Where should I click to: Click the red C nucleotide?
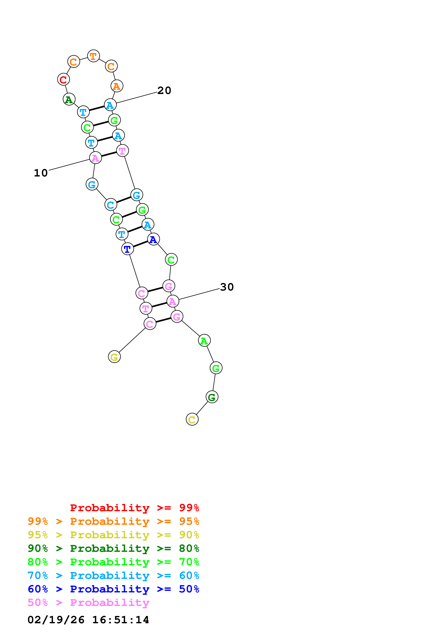coord(63,79)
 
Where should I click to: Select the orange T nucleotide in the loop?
coord(93,56)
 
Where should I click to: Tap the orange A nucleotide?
coord(117,86)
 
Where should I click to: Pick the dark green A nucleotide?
coord(69,99)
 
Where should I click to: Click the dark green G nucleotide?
coord(212,397)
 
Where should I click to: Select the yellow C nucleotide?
coord(192,419)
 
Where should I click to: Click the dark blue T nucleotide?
coord(127,249)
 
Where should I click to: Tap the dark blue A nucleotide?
coord(153,239)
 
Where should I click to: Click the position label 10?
coord(41,173)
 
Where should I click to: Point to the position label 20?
coord(164,90)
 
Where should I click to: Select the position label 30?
coord(227,287)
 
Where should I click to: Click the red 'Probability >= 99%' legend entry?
coord(134,508)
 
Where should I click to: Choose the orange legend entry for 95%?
coord(113,521)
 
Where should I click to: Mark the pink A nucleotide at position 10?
coord(95,158)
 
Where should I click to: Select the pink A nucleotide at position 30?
coord(173,301)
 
